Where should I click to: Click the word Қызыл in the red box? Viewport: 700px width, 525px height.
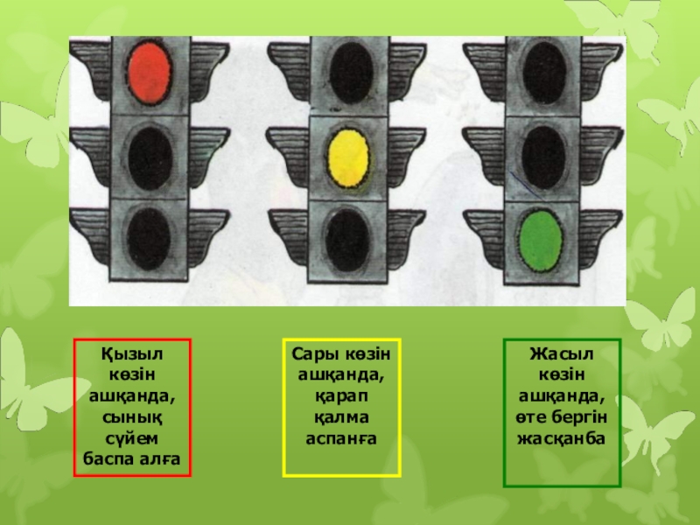click(x=131, y=353)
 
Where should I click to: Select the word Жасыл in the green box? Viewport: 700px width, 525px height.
click(x=561, y=353)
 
